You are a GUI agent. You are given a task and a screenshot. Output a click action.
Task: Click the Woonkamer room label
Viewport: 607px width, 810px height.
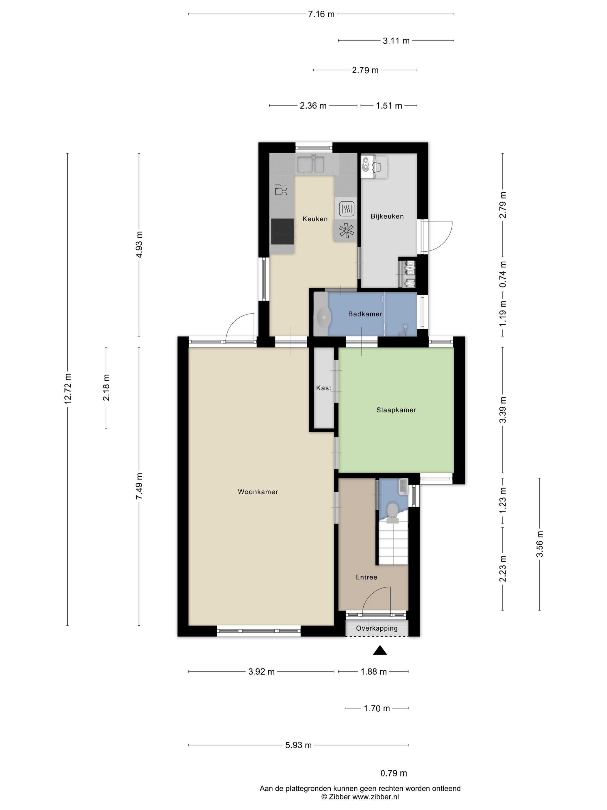tap(258, 492)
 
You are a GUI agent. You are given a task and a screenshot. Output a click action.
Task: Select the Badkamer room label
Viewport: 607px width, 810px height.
tap(365, 314)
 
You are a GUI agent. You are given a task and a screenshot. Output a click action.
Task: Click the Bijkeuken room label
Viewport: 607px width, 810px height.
tap(387, 216)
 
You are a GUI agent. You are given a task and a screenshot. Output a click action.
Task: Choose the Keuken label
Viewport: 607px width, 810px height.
tap(315, 219)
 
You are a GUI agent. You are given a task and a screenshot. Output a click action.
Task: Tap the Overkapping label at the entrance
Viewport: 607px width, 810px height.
tap(377, 628)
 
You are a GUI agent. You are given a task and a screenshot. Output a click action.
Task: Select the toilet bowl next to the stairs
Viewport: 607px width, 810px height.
tap(393, 512)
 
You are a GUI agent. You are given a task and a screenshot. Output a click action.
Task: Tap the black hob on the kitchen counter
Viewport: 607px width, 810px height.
tap(283, 231)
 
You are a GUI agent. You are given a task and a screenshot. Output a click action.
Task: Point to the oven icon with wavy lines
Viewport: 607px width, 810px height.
tap(346, 209)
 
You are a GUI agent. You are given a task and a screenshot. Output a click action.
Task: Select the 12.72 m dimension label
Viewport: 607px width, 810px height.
tap(68, 389)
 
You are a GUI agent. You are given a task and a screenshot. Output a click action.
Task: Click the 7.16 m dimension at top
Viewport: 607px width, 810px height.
tap(321, 14)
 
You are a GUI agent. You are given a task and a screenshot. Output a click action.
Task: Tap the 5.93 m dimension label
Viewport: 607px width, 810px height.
tap(299, 745)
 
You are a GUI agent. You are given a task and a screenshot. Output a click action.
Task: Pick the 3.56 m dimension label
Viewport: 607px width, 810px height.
tap(539, 544)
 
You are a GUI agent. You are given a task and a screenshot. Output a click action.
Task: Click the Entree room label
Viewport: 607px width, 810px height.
tap(366, 577)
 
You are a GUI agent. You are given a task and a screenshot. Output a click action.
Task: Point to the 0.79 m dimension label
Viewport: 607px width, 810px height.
tap(394, 773)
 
